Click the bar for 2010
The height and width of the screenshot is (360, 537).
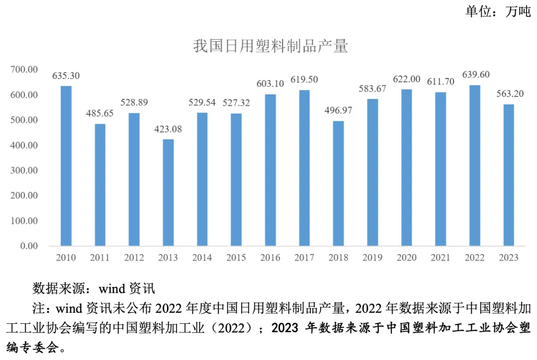[66, 166]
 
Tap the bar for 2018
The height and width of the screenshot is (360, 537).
[338, 183]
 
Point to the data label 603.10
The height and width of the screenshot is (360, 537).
[270, 84]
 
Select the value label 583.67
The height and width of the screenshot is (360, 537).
[372, 89]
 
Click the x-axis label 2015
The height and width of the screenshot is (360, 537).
[236, 258]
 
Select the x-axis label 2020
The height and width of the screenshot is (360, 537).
[406, 258]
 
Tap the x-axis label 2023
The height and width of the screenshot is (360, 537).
[508, 258]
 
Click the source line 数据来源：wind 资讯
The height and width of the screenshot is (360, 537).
[94, 288]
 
